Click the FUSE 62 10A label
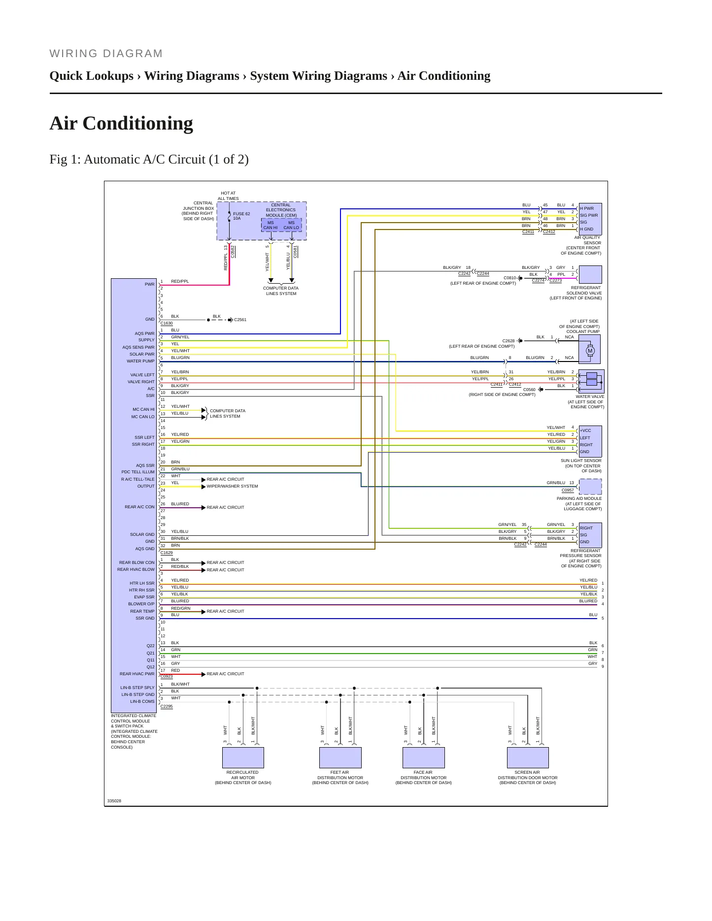tap(241, 216)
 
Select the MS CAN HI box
tap(271, 225)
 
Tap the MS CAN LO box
tap(291, 225)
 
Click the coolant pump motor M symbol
tap(590, 351)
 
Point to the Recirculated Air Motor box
tap(243, 757)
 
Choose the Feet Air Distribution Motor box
tap(340, 757)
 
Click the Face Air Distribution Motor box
tap(423, 757)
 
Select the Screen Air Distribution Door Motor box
tap(528, 757)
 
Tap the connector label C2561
tap(240, 320)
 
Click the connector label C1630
tap(167, 324)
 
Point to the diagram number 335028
tap(114, 801)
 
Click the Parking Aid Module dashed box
tap(590, 487)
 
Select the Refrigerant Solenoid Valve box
tap(590, 274)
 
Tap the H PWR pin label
tap(587, 208)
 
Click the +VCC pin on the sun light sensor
tap(585, 430)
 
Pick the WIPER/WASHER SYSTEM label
tap(232, 486)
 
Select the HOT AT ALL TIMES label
tap(228, 196)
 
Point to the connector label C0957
tap(568, 490)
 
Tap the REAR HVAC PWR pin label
tap(137, 674)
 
